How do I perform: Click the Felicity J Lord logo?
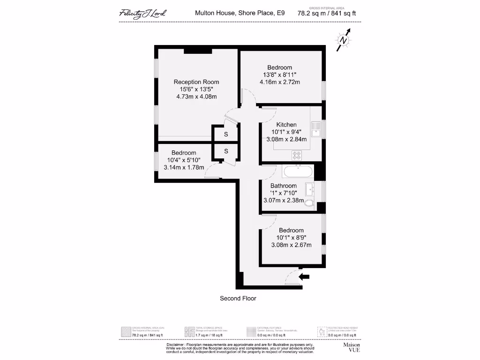[142, 13]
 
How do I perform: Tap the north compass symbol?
[344, 41]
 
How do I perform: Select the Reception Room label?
[196, 82]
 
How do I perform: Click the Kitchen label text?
[286, 125]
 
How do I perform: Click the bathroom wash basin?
[309, 189]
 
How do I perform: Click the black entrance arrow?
[304, 277]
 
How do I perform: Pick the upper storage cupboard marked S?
[225, 135]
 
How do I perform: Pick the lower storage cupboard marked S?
[225, 151]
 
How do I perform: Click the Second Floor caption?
[238, 298]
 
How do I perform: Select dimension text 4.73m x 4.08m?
[196, 97]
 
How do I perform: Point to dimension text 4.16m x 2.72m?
[280, 82]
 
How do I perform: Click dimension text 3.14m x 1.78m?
[183, 167]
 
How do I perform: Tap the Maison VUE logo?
[352, 347]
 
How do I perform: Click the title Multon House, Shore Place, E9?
[240, 14]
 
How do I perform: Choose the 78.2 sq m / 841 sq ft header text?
[330, 14]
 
